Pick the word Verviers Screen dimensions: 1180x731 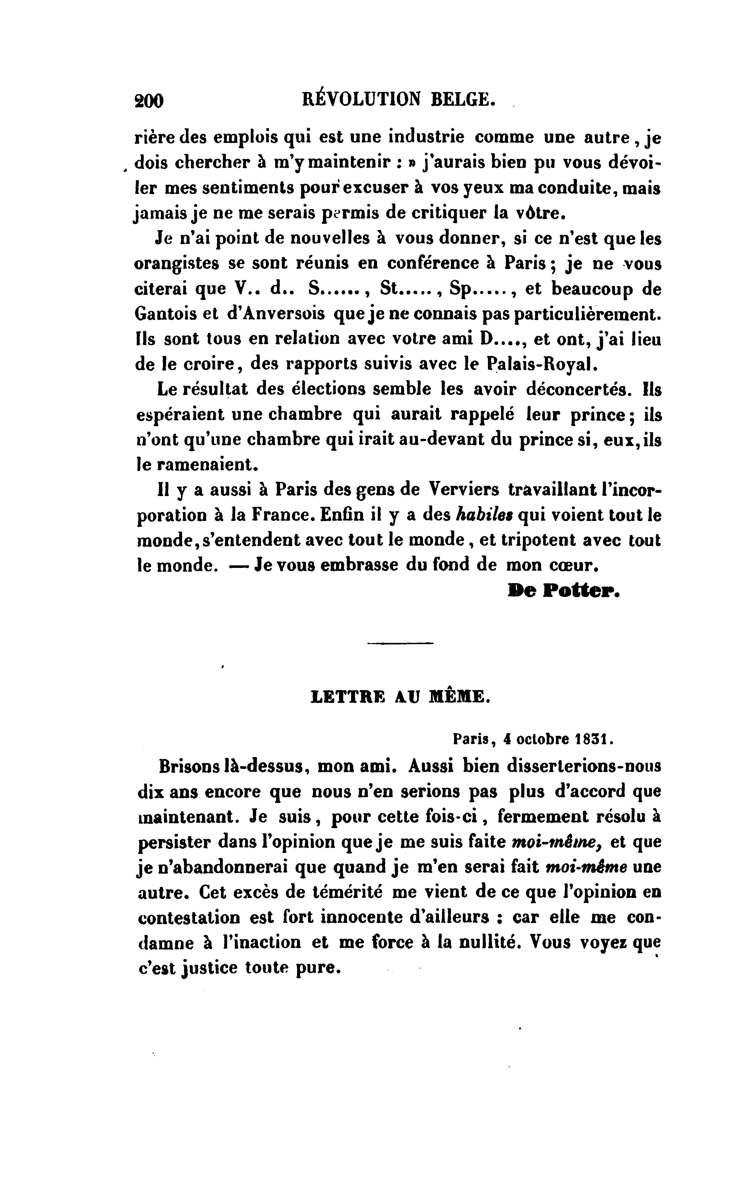(464, 490)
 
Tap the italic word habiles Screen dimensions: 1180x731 (485, 515)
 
